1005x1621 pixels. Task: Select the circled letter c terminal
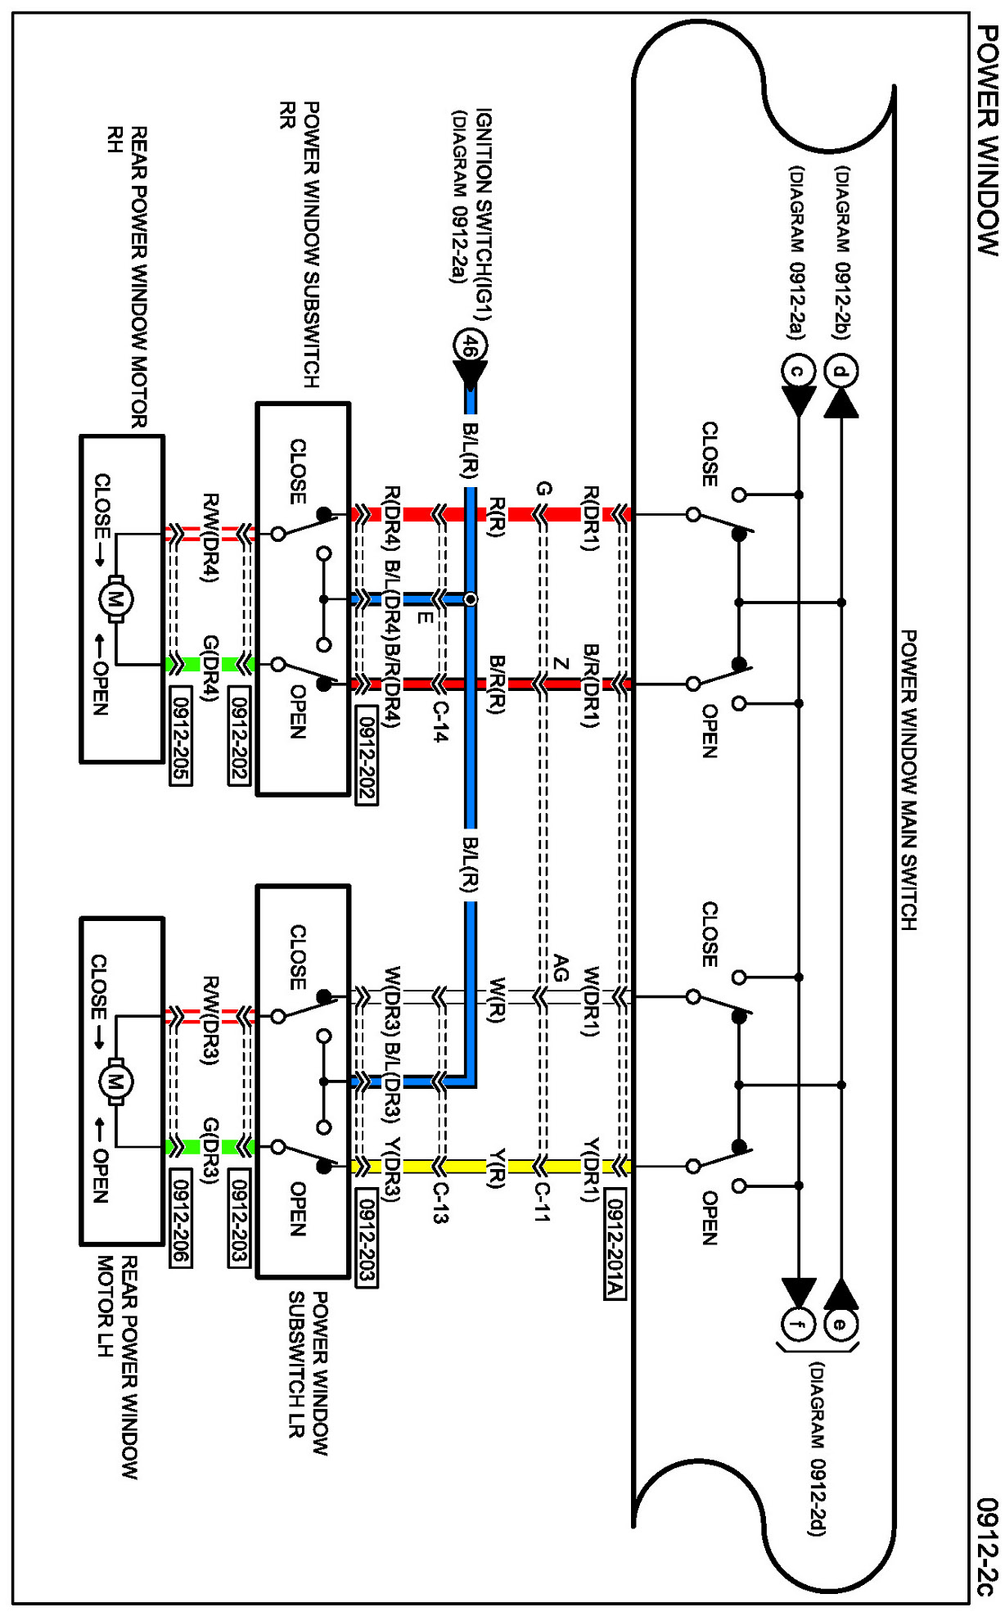[797, 372]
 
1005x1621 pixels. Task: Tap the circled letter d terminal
[841, 372]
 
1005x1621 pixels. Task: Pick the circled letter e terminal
[841, 1324]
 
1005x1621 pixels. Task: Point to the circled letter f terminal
[798, 1324]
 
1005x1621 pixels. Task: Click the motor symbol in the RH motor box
[115, 599]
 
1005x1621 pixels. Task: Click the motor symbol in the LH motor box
[115, 1082]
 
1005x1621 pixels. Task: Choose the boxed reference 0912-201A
[615, 1248]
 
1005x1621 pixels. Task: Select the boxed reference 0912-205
[181, 736]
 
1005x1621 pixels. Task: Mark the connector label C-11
[542, 1202]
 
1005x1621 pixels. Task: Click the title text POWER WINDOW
[988, 140]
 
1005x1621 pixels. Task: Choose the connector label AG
[561, 968]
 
